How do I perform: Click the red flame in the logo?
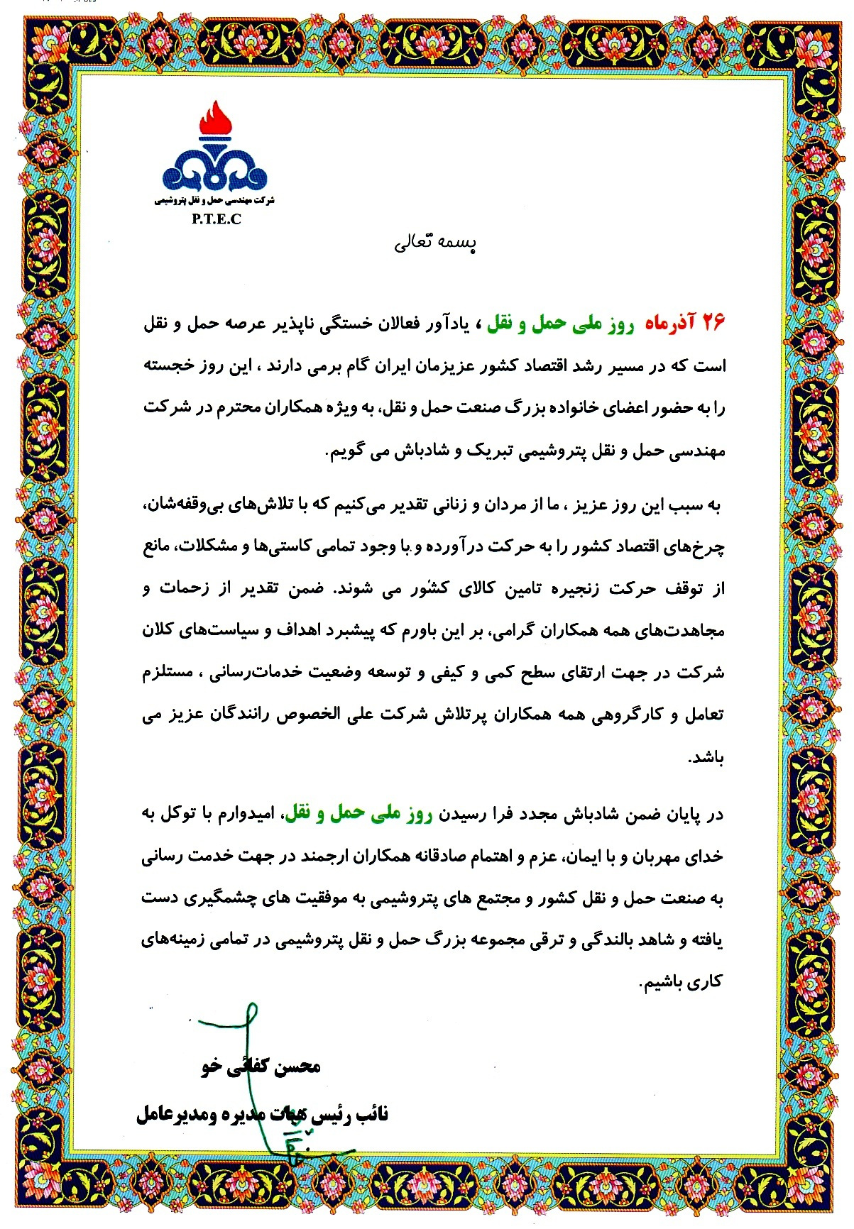[x=215, y=119]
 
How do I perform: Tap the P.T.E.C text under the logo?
[x=216, y=219]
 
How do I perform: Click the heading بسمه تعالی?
[x=435, y=243]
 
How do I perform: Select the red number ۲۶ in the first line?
[x=713, y=324]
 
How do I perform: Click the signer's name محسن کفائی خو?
[x=261, y=1067]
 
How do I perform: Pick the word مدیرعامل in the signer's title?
[x=168, y=1114]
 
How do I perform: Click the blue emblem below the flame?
[x=214, y=170]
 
